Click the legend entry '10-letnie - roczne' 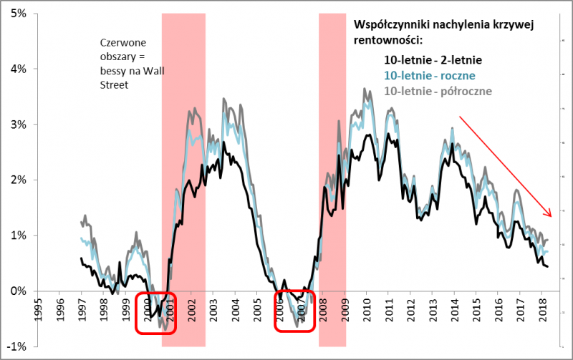point(430,75)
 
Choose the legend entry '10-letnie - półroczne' point(438,90)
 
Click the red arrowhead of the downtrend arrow point(549,213)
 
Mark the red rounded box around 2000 point(155,312)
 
